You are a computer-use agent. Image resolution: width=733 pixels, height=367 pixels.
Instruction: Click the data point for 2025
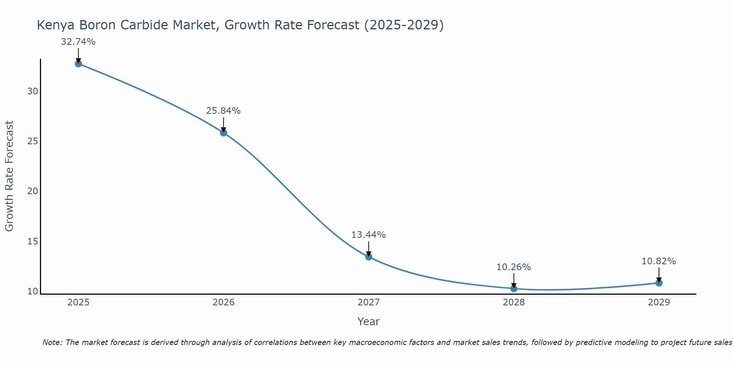pos(78,63)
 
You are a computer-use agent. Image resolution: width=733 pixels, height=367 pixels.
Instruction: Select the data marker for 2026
pos(223,132)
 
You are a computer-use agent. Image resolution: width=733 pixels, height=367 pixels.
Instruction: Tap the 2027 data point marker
pos(368,257)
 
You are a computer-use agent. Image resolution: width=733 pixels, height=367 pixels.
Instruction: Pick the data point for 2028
pos(513,288)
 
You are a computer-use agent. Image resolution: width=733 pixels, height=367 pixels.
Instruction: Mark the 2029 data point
pos(659,283)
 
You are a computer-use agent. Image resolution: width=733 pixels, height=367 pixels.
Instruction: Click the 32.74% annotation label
pos(78,42)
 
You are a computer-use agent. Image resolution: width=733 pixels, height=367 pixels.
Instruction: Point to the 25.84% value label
pos(223,111)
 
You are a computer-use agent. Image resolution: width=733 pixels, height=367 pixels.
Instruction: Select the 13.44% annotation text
pos(368,235)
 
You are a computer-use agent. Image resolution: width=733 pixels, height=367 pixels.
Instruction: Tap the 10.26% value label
pos(513,267)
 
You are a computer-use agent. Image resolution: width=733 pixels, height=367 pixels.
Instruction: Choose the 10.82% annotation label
pos(659,261)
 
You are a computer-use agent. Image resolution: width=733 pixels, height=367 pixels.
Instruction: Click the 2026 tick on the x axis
pos(223,302)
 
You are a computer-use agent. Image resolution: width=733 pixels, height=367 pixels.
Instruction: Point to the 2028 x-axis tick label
pos(513,302)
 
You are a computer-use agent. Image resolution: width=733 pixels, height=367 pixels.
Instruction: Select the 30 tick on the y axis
pos(33,91)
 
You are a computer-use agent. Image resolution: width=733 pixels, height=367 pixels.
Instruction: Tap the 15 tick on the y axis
pos(33,241)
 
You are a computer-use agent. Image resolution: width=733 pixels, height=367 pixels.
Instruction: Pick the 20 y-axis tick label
pos(33,191)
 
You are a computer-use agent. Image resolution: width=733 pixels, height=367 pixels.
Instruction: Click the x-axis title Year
pos(368,321)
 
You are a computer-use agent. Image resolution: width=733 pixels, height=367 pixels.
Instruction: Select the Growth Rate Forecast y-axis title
pos(9,176)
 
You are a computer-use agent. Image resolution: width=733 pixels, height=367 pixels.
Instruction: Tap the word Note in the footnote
pos(52,342)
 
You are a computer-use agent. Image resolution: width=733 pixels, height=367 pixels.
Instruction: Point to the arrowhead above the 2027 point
pos(368,254)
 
